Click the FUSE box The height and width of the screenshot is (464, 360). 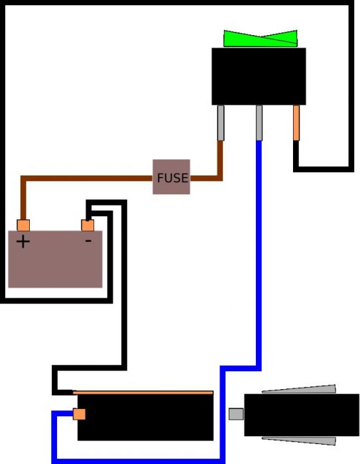(x=171, y=177)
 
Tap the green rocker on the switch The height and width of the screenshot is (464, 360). (x=261, y=38)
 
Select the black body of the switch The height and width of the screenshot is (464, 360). (x=259, y=76)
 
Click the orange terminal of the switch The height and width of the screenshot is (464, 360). (x=296, y=123)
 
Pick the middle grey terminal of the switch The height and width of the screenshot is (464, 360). (x=259, y=123)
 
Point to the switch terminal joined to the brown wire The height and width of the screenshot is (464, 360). (x=221, y=123)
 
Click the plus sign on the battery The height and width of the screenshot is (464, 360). (x=23, y=242)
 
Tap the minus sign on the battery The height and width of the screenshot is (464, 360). (x=88, y=241)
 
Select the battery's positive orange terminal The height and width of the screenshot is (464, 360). (x=23, y=225)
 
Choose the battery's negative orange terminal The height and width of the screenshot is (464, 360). (x=88, y=225)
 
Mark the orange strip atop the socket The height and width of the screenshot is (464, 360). (x=143, y=392)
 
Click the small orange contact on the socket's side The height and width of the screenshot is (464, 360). (x=80, y=414)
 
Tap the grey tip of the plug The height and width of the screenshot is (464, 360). (x=236, y=414)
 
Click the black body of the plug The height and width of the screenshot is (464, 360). (x=302, y=415)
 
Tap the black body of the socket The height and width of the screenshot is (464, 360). (x=145, y=417)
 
